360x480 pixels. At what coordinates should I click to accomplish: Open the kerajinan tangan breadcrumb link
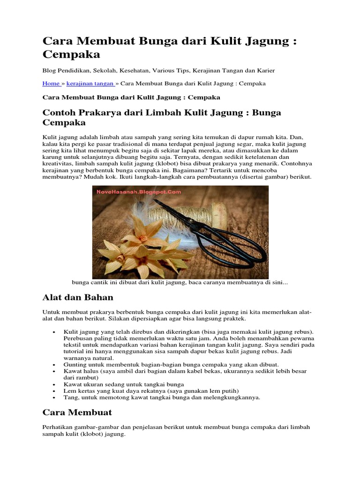90,83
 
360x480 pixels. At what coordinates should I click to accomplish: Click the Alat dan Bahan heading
78,297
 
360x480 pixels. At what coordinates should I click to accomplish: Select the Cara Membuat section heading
77,412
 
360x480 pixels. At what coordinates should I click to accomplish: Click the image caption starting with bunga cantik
180,283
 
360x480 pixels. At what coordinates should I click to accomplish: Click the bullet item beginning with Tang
162,397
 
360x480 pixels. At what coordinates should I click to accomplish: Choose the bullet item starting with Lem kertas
151,390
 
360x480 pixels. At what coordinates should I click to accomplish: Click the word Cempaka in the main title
71,54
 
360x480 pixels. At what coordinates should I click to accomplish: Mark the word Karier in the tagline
265,70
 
